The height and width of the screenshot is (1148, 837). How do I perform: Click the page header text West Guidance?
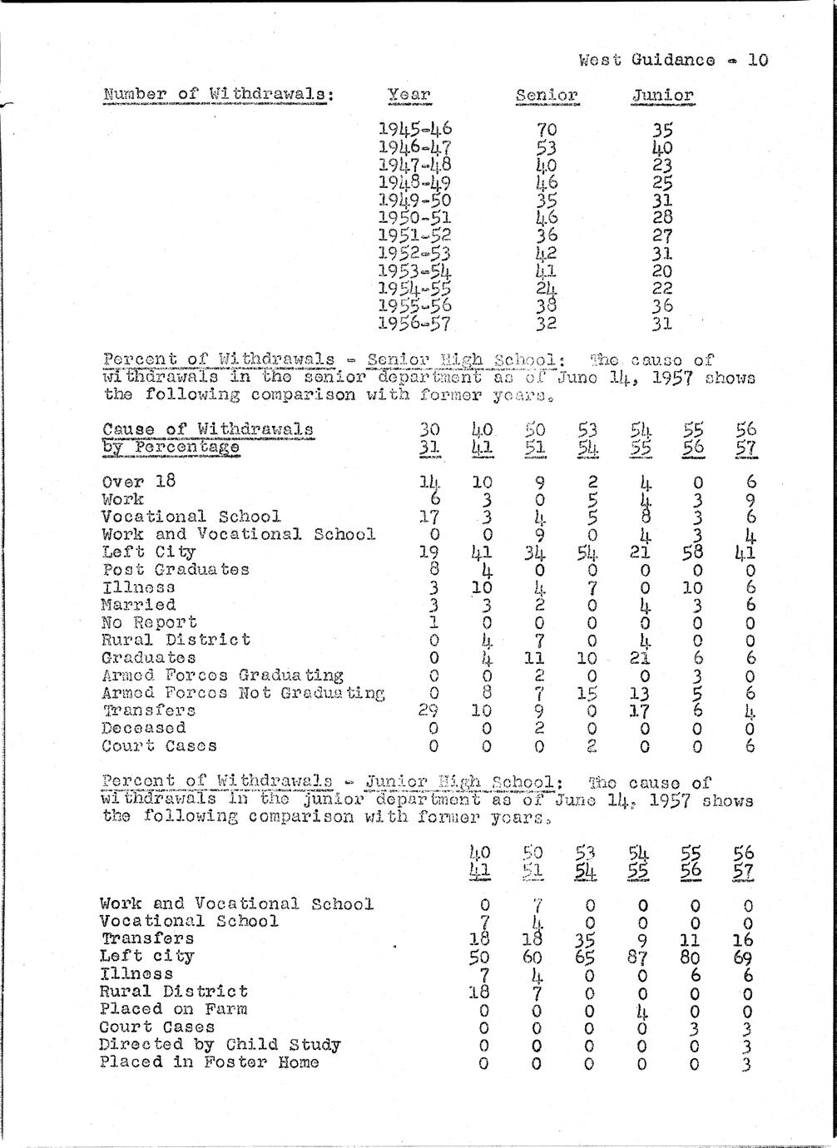click(x=646, y=60)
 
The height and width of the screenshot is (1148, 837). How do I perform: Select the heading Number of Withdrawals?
click(x=219, y=94)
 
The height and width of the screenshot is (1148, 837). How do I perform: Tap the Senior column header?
click(x=547, y=95)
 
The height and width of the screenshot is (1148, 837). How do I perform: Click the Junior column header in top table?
click(x=662, y=95)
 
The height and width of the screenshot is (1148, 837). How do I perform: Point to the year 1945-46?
click(x=415, y=129)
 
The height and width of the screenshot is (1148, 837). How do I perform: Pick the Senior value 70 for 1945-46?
click(x=547, y=130)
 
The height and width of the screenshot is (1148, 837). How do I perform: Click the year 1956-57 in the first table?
click(x=415, y=324)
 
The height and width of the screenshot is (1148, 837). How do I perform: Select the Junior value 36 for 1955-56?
click(x=662, y=306)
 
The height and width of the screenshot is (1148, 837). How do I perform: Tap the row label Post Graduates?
click(x=176, y=570)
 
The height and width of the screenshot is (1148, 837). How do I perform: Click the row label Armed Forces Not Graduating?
click(x=243, y=693)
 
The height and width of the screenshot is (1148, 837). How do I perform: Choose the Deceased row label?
click(x=143, y=728)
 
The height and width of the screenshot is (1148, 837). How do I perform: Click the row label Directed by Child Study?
click(x=220, y=1045)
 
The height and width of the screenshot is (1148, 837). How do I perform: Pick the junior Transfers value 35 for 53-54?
click(x=588, y=939)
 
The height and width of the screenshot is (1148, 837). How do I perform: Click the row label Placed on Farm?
click(x=173, y=1009)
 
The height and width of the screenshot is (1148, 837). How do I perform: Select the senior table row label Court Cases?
click(x=159, y=746)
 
